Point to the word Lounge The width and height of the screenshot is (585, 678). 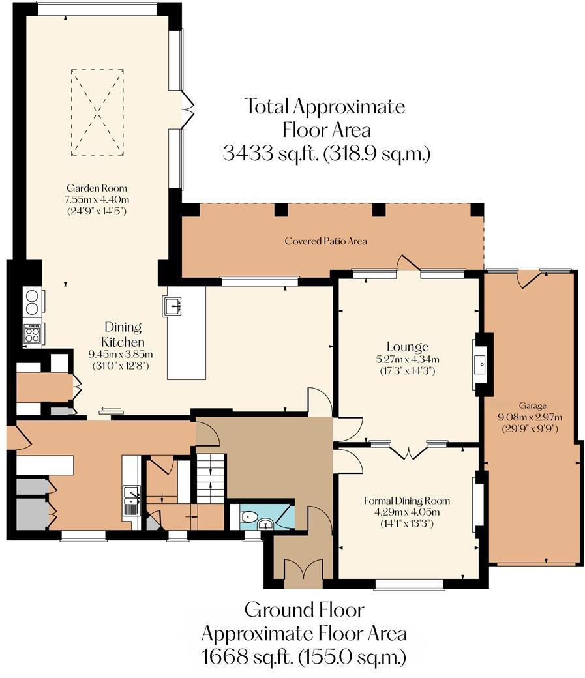(x=406, y=347)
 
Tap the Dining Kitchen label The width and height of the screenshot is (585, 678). (x=123, y=334)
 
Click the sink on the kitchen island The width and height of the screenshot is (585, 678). (x=173, y=305)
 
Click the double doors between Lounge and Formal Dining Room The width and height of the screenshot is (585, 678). (x=409, y=451)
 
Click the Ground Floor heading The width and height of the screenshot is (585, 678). (x=304, y=611)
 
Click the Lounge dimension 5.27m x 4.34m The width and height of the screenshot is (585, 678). (x=407, y=359)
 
